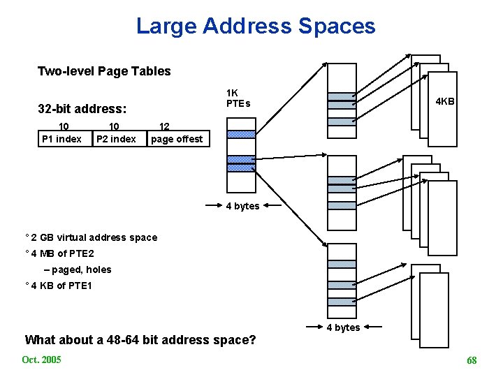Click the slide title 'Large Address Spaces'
pos(256,27)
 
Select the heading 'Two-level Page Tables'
pos(104,71)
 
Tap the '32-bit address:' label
pos(82,109)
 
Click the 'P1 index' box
pos(62,138)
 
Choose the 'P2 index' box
pos(117,138)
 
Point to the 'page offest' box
pos(177,138)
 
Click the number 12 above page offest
pos(165,126)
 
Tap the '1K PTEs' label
pos(238,98)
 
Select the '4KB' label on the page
pos(445,101)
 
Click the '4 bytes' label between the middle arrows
pos(242,206)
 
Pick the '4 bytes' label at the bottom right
pos(344,327)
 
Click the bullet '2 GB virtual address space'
pos(93,237)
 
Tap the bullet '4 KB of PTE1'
pos(61,286)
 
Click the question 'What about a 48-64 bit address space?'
pos(140,340)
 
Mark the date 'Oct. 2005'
pos(41,360)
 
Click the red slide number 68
pos(472,360)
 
